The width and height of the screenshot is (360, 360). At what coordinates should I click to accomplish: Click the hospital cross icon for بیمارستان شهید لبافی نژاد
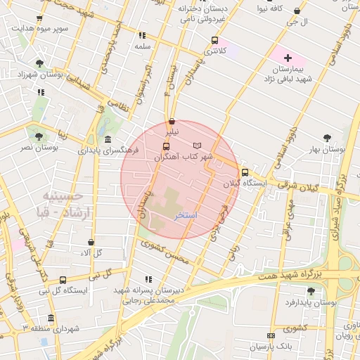click(x=287, y=56)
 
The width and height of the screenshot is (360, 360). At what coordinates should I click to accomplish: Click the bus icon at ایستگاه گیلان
click(x=245, y=172)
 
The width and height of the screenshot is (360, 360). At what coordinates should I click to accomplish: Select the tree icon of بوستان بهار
click(x=326, y=139)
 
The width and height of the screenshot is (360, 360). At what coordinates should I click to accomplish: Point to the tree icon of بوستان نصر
click(x=37, y=136)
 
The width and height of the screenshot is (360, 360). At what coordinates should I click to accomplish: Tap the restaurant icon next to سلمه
click(x=142, y=35)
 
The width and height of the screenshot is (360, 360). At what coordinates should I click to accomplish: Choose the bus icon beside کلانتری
click(x=214, y=40)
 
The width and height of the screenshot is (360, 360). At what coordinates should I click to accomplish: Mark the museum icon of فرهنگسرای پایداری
click(x=107, y=139)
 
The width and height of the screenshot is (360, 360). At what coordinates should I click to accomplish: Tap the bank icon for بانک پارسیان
click(x=271, y=336)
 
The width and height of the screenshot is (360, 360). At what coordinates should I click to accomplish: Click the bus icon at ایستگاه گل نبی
click(x=63, y=279)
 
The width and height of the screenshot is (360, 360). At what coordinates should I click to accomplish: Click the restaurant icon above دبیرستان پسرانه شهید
click(x=148, y=279)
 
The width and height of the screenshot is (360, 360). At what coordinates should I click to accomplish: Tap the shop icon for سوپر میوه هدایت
click(x=38, y=19)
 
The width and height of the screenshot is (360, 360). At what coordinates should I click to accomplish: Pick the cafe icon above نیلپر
click(x=172, y=121)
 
